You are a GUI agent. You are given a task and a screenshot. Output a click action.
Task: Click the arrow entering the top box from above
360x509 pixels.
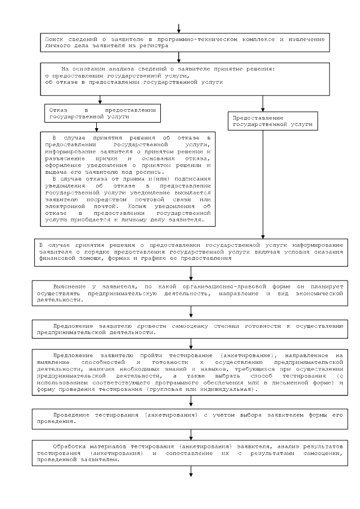(179, 28)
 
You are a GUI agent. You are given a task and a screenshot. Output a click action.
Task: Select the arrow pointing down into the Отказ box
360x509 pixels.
(100, 100)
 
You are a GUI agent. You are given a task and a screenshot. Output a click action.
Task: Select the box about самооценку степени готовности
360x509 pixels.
(191, 329)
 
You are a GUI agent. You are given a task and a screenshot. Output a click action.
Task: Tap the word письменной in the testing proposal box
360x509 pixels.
(291, 382)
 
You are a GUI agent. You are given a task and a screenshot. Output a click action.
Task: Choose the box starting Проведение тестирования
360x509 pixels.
(191, 417)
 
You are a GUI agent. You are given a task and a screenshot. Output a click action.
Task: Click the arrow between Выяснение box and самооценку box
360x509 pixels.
(191, 312)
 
